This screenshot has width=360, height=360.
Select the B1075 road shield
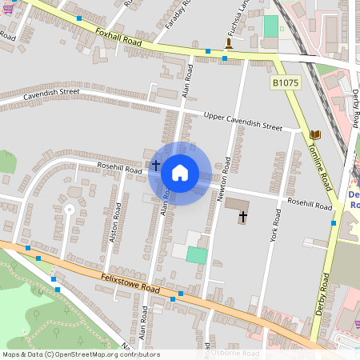(x=284, y=82)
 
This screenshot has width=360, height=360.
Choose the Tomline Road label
(x=322, y=160)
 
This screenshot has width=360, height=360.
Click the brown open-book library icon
(x=314, y=134)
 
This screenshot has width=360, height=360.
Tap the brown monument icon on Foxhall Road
(x=229, y=45)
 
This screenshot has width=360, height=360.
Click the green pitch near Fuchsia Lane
(x=271, y=25)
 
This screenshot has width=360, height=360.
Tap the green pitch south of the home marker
(x=196, y=255)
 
